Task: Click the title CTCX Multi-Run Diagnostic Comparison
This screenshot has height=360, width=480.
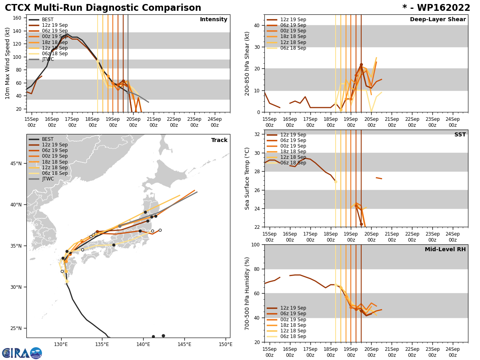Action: (x=103, y=8)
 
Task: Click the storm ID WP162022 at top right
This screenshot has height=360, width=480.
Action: (x=436, y=8)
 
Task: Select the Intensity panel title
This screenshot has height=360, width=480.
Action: (x=213, y=20)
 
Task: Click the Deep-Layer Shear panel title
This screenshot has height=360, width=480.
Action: (x=438, y=20)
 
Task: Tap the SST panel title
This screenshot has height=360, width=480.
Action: (x=460, y=135)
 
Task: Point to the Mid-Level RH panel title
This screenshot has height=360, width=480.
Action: (x=445, y=250)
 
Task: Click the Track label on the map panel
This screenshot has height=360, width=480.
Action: (x=219, y=140)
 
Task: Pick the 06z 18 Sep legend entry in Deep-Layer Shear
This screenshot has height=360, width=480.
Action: (x=293, y=48)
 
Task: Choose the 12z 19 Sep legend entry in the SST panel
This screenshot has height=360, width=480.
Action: (x=293, y=135)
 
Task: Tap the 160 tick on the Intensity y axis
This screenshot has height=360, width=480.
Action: (x=18, y=18)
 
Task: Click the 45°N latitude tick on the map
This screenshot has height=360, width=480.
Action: (x=17, y=163)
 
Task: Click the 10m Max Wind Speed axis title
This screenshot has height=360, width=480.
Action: (x=8, y=63)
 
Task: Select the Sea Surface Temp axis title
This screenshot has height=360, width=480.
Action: (x=247, y=178)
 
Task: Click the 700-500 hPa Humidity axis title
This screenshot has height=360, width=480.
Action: (x=247, y=293)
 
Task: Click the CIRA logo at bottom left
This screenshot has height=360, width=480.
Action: (x=22, y=353)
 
